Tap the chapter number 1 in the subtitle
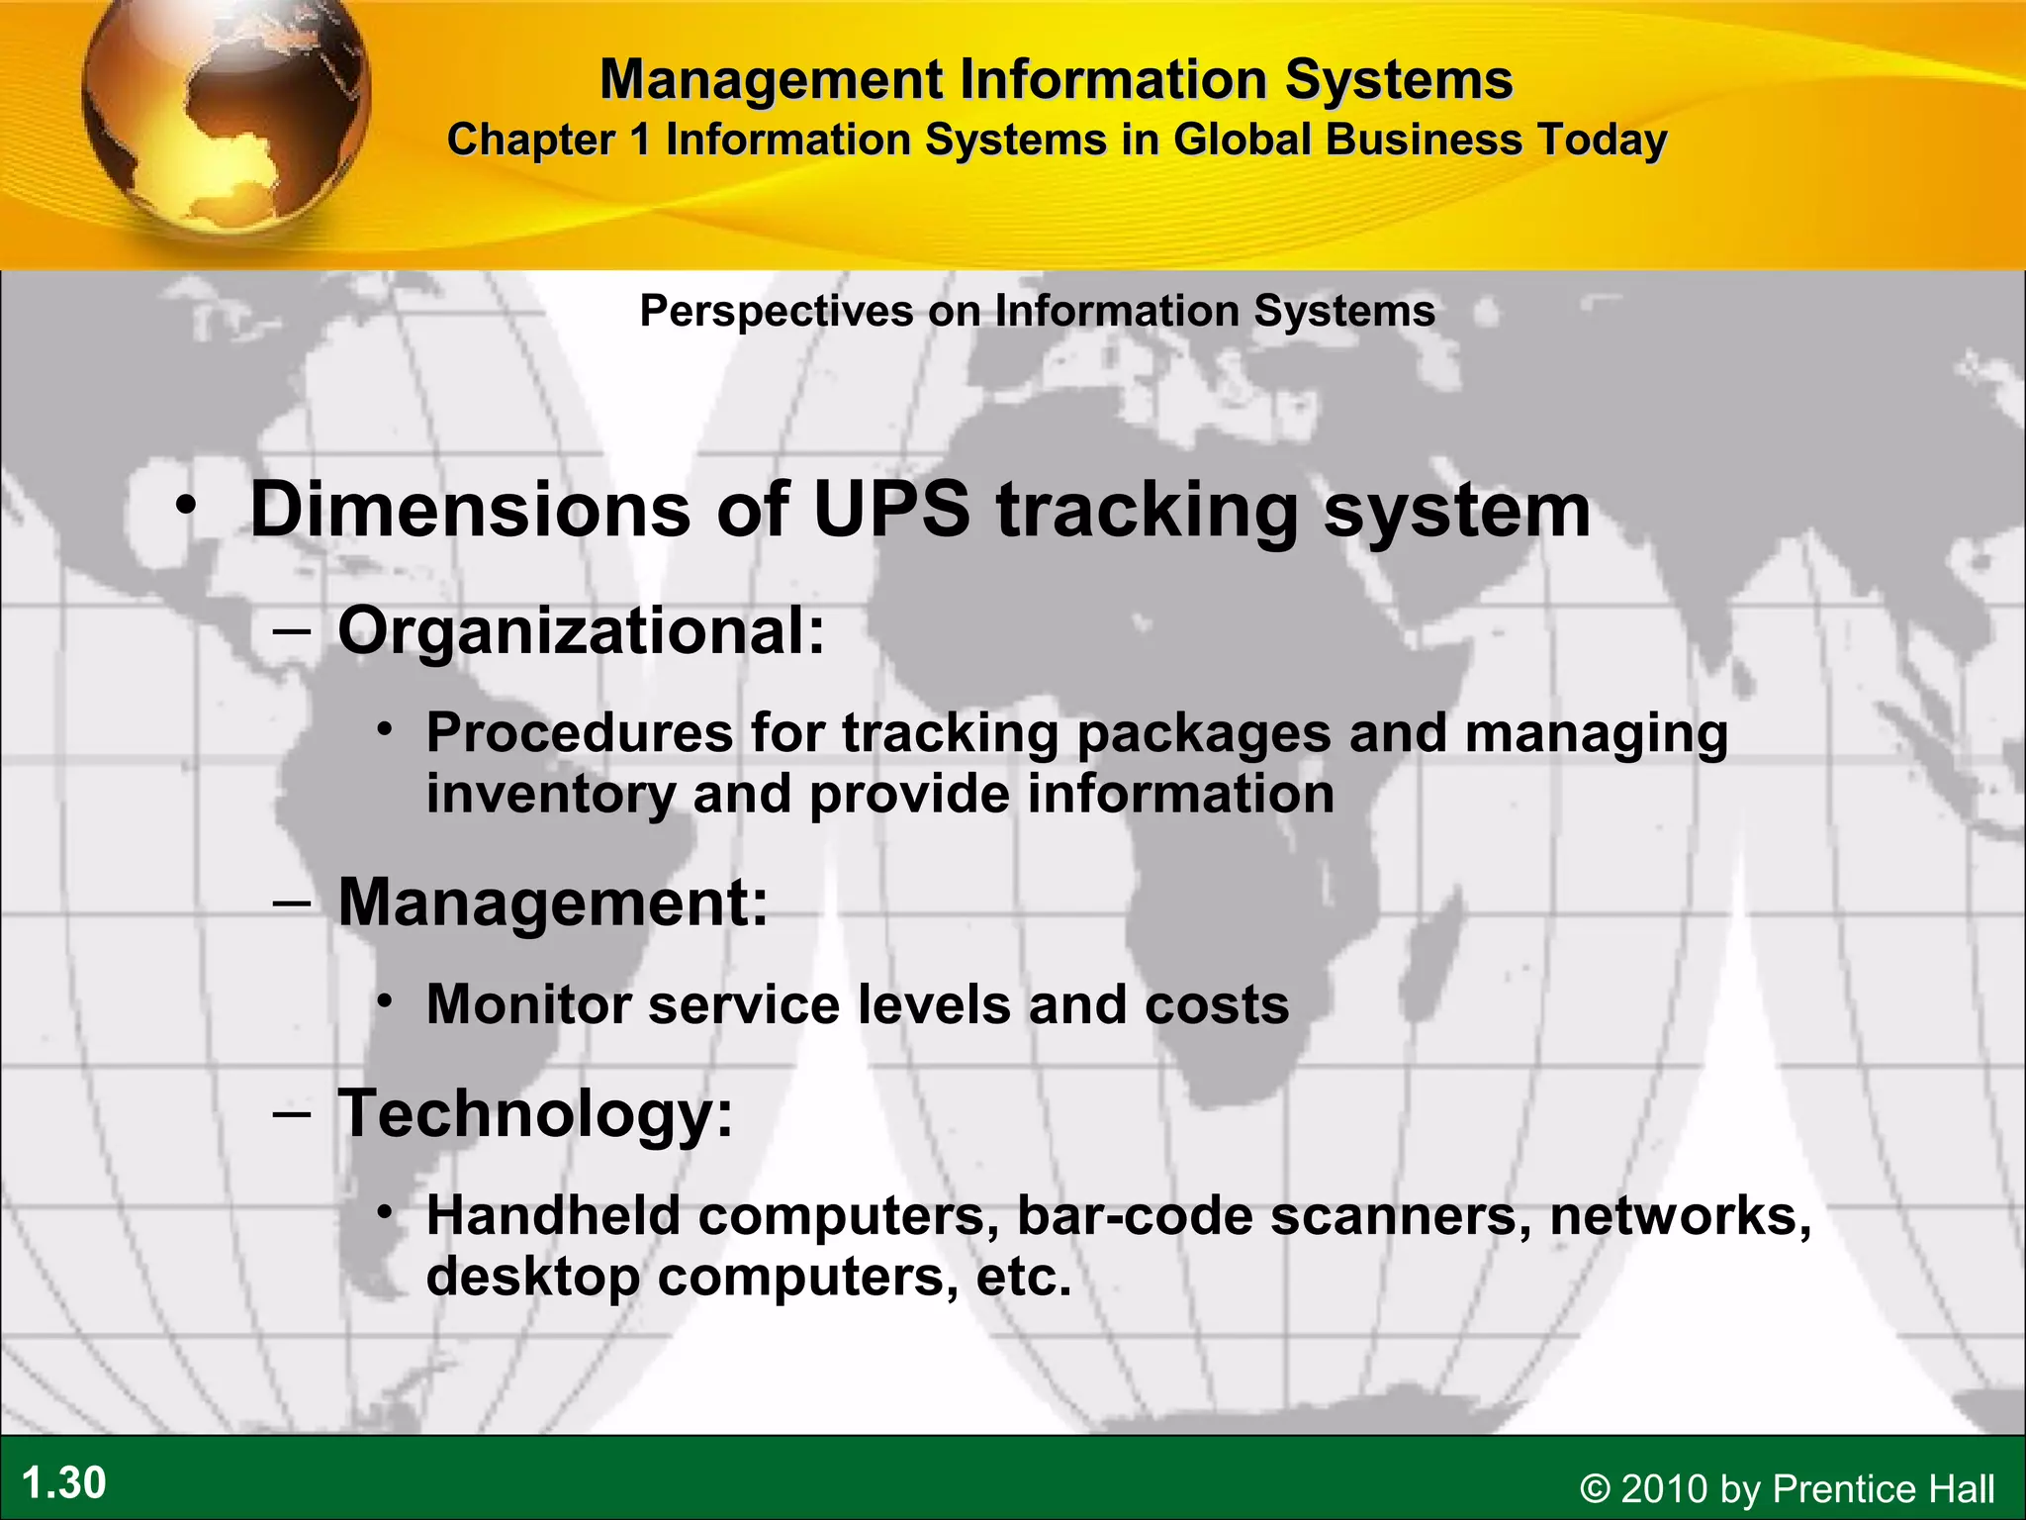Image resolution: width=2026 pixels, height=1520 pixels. point(640,140)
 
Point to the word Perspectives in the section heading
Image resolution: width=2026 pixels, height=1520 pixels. point(777,311)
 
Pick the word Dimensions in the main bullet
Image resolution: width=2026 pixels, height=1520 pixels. point(470,510)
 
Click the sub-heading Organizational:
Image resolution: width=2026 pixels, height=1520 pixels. point(582,630)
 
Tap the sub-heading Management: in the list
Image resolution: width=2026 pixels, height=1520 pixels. point(553,902)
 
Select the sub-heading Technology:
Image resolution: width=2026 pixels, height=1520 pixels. point(535,1113)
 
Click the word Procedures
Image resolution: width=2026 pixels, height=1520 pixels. point(580,733)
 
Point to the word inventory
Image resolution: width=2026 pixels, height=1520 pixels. point(551,795)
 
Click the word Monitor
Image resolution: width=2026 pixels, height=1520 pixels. point(528,1004)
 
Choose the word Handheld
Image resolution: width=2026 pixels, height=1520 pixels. point(553,1215)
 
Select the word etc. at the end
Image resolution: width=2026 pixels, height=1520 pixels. point(1024,1277)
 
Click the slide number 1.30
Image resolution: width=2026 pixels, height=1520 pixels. point(63,1483)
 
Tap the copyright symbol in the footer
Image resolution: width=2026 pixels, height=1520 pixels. point(1594,1489)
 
